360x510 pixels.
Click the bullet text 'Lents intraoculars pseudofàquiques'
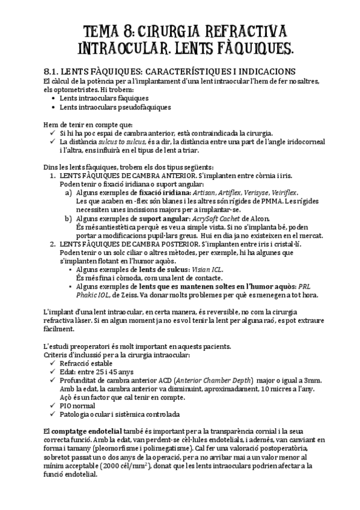click(115, 107)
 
